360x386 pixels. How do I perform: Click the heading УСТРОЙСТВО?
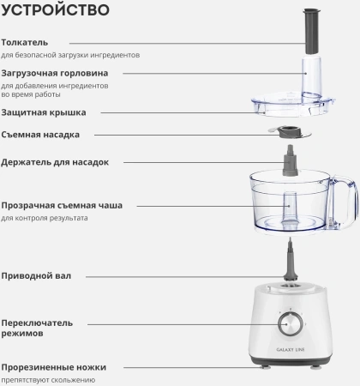point(56,9)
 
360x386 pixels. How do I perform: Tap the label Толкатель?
point(25,42)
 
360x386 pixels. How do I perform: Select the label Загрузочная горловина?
point(55,73)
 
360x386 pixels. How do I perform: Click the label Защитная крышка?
point(44,112)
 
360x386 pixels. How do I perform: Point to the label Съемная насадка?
point(40,135)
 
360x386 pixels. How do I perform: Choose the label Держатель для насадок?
point(55,162)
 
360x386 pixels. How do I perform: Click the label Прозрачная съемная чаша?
point(62,205)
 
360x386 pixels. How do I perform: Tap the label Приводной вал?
point(36,276)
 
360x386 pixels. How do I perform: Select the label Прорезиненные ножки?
point(54,367)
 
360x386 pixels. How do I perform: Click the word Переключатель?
point(37,323)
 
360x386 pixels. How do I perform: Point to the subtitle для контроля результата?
point(45,218)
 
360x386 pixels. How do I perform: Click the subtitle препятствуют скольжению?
point(48,380)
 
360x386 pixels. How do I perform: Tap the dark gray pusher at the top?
point(311,31)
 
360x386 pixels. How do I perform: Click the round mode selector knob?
point(291,324)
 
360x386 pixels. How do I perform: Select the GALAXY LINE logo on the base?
point(291,349)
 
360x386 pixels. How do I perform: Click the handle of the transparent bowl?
point(345,200)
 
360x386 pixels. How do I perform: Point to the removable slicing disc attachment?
point(290,133)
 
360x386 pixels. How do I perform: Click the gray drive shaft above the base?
point(291,262)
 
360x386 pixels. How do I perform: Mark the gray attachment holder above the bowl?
point(291,160)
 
